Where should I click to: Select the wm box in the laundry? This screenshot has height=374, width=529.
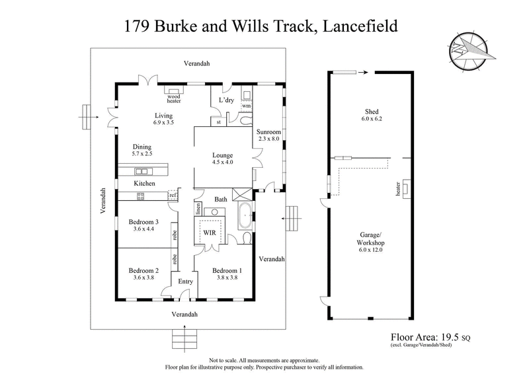pos(246,105)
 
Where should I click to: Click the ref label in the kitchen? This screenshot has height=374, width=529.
pos(173,195)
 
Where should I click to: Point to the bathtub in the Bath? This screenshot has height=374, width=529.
pos(245,216)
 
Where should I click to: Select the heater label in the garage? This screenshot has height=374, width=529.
pos(397,190)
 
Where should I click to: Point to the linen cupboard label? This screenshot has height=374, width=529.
pos(198,208)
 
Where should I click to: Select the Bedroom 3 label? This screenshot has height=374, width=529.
pos(143,221)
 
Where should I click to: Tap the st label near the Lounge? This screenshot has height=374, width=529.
pos(218,122)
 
